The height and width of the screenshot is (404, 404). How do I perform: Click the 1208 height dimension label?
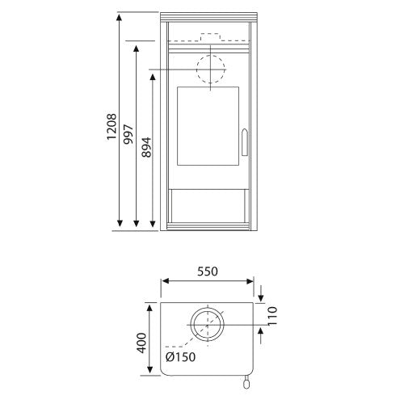click(112, 127)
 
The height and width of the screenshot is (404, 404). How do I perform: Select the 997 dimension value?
click(128, 134)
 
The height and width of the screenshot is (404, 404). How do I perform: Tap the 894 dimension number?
click(146, 147)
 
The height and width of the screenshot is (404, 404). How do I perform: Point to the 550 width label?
click(207, 271)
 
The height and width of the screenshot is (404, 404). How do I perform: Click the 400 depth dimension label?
click(141, 343)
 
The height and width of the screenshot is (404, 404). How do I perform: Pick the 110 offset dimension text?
click(272, 316)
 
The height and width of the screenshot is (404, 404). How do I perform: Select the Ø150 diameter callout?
click(180, 357)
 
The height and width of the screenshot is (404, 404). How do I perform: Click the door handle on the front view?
click(245, 142)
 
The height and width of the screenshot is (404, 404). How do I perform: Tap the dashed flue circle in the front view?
click(211, 55)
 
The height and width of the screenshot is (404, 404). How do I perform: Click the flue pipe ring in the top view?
click(207, 308)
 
